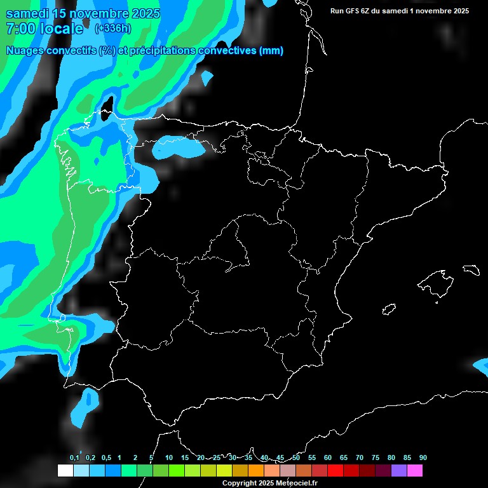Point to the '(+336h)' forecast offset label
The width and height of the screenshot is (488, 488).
[x=112, y=28]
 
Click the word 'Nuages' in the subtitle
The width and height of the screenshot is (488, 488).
[x=25, y=51]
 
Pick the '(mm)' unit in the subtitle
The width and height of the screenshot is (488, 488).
[x=271, y=51]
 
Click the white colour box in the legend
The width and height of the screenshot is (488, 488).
[x=65, y=470]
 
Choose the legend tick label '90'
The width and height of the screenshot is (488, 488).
[x=423, y=457]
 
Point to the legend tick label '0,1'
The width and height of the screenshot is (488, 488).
[x=74, y=457]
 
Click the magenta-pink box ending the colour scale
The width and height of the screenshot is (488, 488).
[x=414, y=470]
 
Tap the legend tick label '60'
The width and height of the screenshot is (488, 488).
[x=327, y=457]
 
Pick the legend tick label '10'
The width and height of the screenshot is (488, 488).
[x=168, y=457]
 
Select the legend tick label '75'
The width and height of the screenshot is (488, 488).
[x=375, y=457]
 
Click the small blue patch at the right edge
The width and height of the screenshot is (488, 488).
[x=481, y=364]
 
